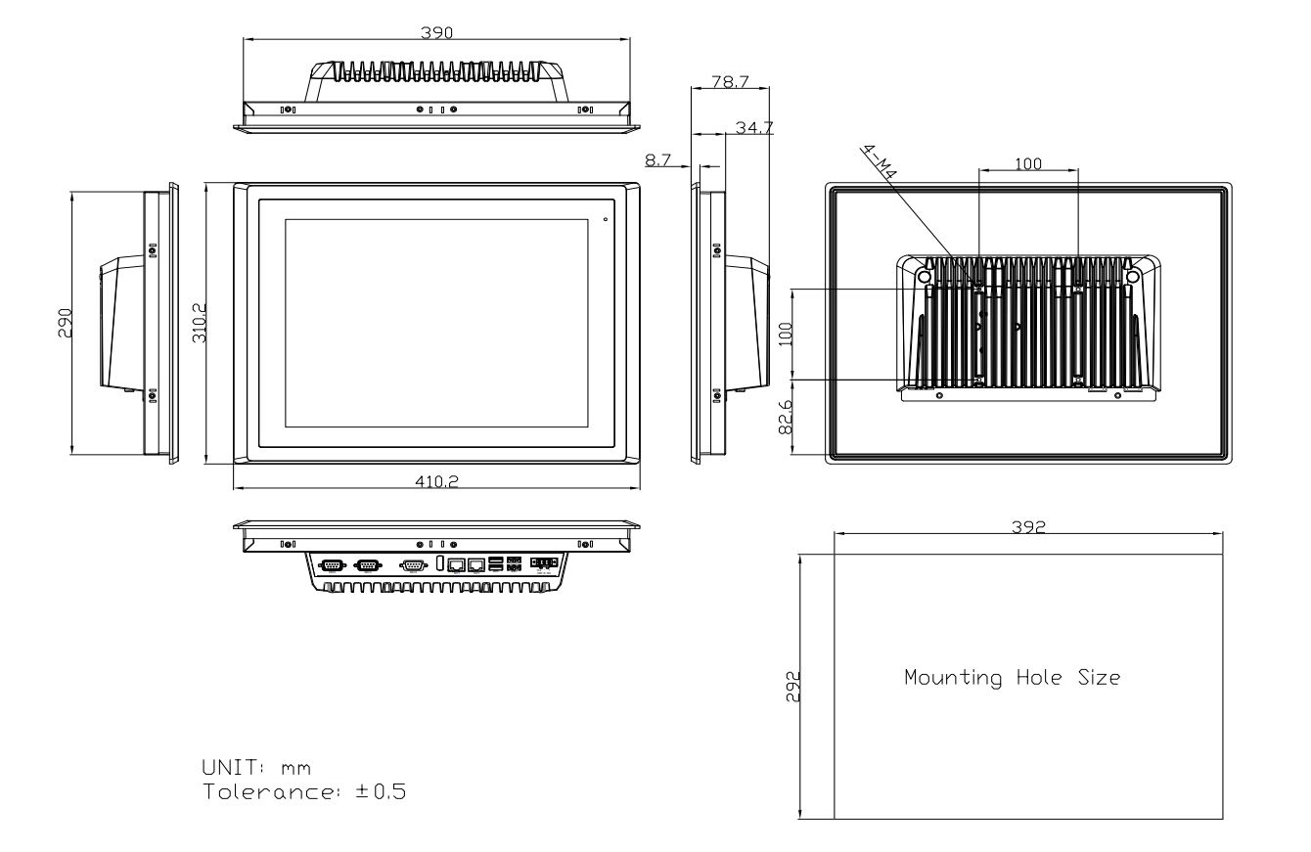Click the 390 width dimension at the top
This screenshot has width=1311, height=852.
[x=436, y=32]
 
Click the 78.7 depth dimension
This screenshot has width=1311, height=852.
[x=730, y=83]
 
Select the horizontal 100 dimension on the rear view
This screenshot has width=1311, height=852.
[x=1028, y=164]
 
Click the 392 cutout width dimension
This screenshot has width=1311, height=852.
[x=1028, y=526]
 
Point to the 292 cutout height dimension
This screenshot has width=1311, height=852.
[x=793, y=687]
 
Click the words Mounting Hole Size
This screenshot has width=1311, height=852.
[x=1012, y=677]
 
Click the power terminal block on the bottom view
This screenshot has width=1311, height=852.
[x=545, y=563]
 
